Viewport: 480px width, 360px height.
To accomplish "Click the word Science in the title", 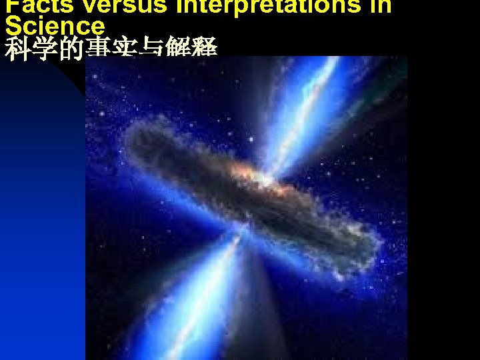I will click(55, 25).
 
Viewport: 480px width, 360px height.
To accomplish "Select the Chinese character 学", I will click(45, 49).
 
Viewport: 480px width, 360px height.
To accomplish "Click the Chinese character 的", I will click(71, 49).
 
